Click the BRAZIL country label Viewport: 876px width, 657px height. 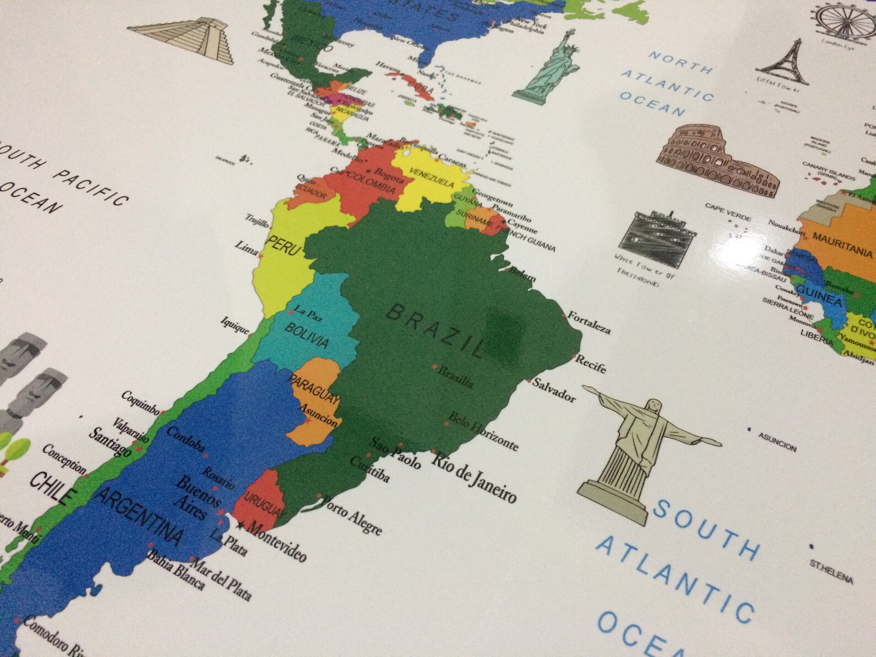pyautogui.click(x=436, y=329)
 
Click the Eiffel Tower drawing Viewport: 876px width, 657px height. pyautogui.click(x=783, y=64)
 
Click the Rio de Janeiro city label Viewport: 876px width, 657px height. pyautogui.click(x=474, y=477)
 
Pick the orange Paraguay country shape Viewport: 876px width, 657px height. pyautogui.click(x=315, y=397)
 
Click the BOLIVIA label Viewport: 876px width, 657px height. pyautogui.click(x=307, y=335)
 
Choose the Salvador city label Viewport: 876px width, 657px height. pyautogui.click(x=554, y=389)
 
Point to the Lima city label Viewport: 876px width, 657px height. pyautogui.click(x=246, y=248)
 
